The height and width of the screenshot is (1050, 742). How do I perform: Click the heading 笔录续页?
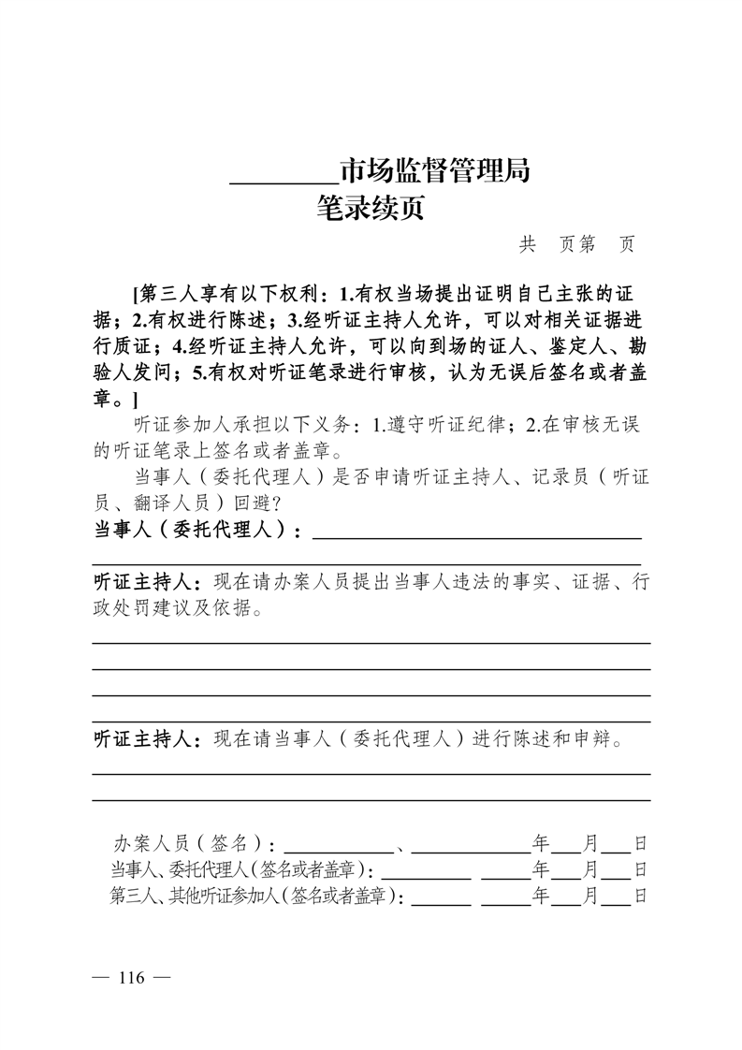click(371, 207)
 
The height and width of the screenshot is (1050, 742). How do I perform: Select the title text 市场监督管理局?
click(434, 171)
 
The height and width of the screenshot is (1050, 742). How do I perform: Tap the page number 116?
click(130, 978)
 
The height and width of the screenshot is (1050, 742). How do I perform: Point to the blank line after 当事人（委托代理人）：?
click(476, 536)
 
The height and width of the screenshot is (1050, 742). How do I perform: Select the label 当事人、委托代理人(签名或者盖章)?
click(241, 869)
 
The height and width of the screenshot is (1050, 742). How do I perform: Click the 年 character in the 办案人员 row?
click(540, 841)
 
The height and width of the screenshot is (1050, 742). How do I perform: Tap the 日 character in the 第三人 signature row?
click(641, 897)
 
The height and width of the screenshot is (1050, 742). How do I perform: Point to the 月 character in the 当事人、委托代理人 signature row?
click(590, 869)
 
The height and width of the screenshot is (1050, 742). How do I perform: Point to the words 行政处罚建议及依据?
click(181, 608)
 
